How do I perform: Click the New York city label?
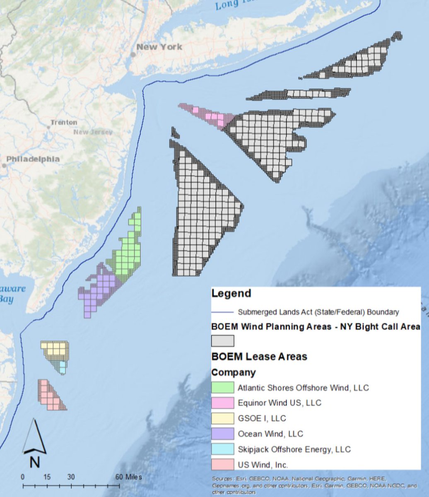(159, 47)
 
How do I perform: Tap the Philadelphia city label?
(33, 159)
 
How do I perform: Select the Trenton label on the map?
(64, 123)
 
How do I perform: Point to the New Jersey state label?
(93, 132)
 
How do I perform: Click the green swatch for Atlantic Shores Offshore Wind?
(223, 388)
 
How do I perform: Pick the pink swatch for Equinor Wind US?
(223, 403)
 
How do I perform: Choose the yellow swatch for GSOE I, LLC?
(223, 418)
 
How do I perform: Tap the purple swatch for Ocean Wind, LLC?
(223, 434)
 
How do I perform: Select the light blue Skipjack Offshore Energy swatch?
(223, 449)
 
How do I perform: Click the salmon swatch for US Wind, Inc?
(223, 464)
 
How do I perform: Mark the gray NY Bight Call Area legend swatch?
(223, 341)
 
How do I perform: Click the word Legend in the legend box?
(231, 294)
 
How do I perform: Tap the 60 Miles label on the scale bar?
(128, 477)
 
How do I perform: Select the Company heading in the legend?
(233, 372)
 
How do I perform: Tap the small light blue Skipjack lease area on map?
(62, 367)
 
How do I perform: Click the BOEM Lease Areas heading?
(259, 357)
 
